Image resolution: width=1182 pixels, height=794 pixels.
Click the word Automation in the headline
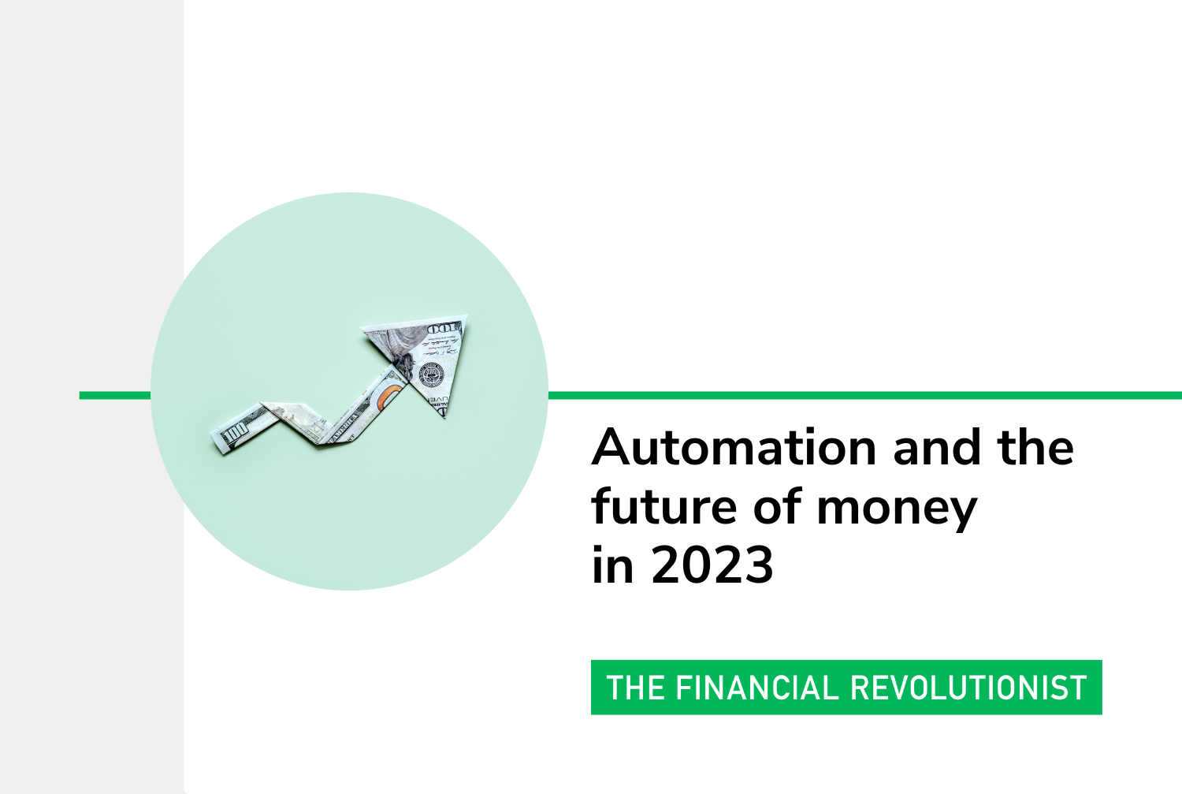[x=734, y=448]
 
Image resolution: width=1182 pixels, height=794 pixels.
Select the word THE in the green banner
[x=635, y=688]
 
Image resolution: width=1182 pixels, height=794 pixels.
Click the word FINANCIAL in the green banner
[x=757, y=688]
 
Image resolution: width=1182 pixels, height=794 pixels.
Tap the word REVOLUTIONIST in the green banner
[x=968, y=688]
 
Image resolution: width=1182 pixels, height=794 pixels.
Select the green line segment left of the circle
[x=115, y=395]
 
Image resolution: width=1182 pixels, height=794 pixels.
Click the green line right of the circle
[x=865, y=395]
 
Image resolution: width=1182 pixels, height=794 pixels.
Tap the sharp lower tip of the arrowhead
[x=444, y=418]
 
